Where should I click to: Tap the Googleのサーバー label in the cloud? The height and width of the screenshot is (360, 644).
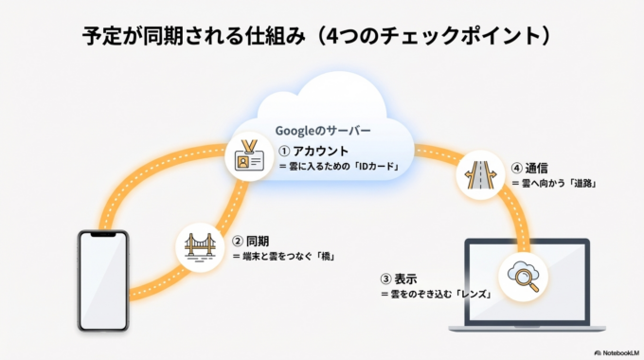coord(322,129)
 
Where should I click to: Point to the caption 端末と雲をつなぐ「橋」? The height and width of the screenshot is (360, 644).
coord(289,257)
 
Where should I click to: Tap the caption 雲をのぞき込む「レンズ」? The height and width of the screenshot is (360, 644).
coord(434,296)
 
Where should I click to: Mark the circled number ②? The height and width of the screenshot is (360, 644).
coord(238,241)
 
